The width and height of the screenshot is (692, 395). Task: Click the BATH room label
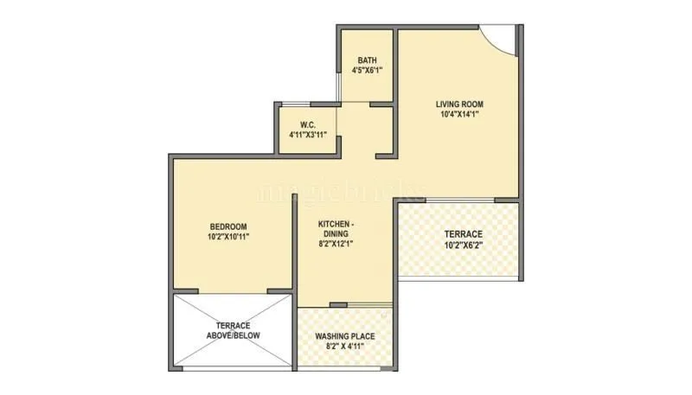pyautogui.click(x=367, y=61)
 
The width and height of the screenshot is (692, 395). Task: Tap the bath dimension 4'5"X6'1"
pyautogui.click(x=367, y=71)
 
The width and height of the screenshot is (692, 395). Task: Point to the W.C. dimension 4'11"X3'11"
pyautogui.click(x=306, y=136)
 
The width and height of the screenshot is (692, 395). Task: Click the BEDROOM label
pyautogui.click(x=227, y=226)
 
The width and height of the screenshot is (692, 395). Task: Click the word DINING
pyautogui.click(x=335, y=233)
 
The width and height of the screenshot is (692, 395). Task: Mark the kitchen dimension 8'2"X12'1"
pyautogui.click(x=335, y=244)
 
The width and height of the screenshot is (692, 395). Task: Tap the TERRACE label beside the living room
pyautogui.click(x=464, y=234)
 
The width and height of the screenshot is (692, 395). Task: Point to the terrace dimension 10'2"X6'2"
pyautogui.click(x=464, y=246)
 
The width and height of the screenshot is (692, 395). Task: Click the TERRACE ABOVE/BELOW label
pyautogui.click(x=233, y=330)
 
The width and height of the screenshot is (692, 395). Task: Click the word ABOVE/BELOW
pyautogui.click(x=233, y=335)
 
